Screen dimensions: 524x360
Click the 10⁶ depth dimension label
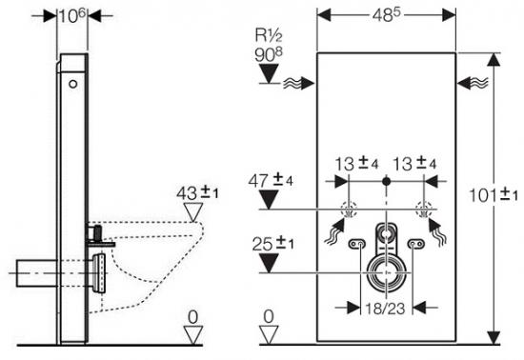(72, 16)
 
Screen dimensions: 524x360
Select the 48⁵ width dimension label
(386, 15)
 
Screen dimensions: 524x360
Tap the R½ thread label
(269, 34)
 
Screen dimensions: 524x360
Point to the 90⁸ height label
(269, 54)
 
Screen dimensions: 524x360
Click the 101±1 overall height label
(494, 194)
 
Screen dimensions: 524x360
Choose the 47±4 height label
(271, 180)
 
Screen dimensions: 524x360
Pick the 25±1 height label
(272, 244)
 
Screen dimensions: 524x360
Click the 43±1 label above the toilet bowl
(197, 192)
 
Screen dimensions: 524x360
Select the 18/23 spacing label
(385, 309)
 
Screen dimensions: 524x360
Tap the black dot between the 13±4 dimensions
(386, 182)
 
